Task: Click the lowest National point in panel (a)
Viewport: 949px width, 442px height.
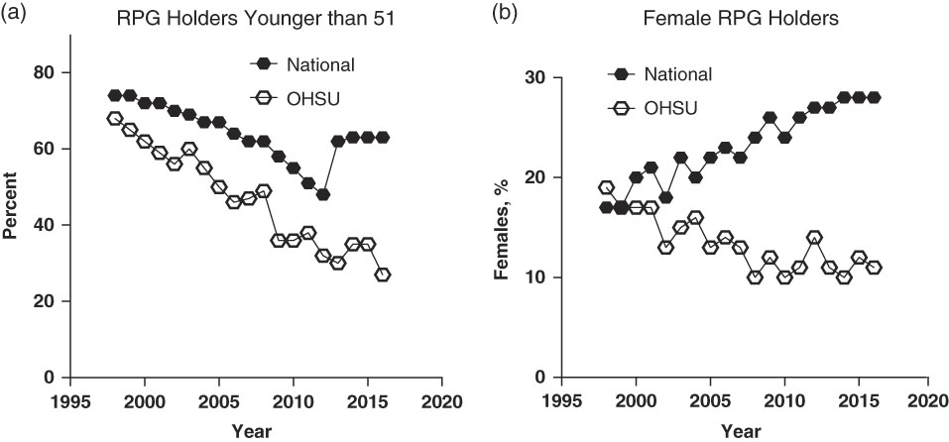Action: click(323, 194)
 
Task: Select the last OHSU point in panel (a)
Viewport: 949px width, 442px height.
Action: click(383, 275)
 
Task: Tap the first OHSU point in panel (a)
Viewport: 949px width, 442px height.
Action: click(115, 119)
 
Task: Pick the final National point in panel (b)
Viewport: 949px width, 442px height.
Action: click(875, 97)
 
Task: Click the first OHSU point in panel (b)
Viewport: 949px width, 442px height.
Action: click(607, 187)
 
